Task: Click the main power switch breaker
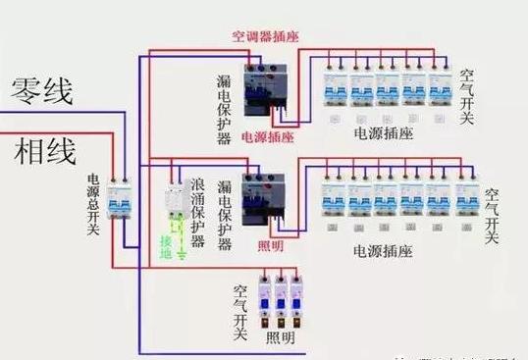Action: pos(120,201)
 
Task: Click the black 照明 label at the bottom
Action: pos(280,337)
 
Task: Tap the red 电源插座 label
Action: pos(266,138)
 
